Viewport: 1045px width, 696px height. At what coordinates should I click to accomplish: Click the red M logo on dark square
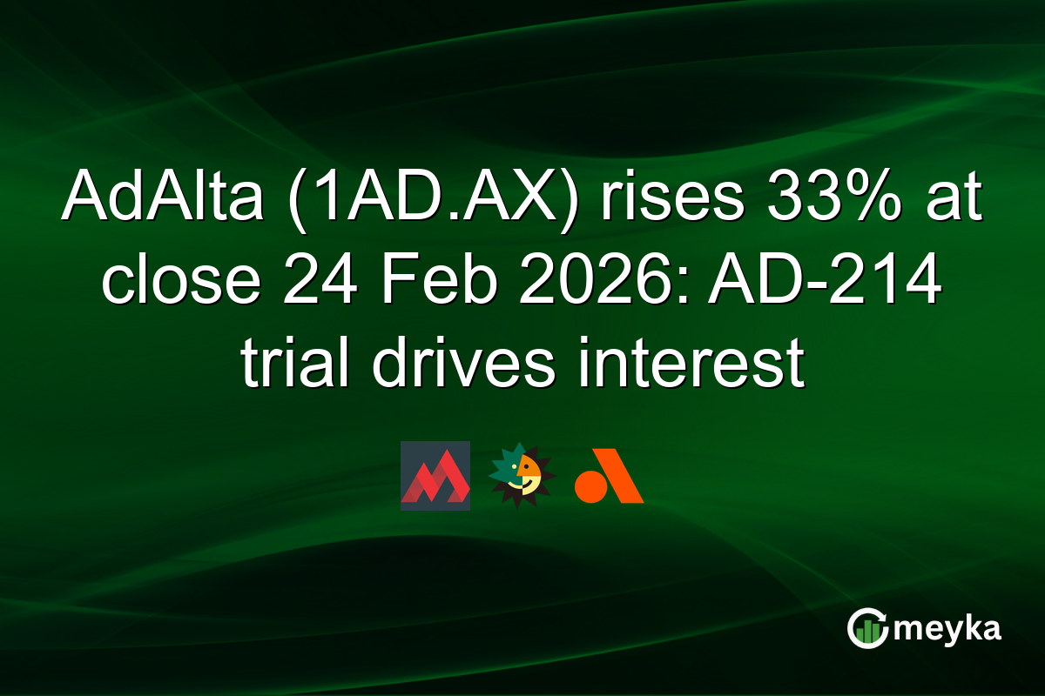coord(435,476)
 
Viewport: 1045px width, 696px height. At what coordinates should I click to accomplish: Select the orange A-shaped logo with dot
coord(609,477)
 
